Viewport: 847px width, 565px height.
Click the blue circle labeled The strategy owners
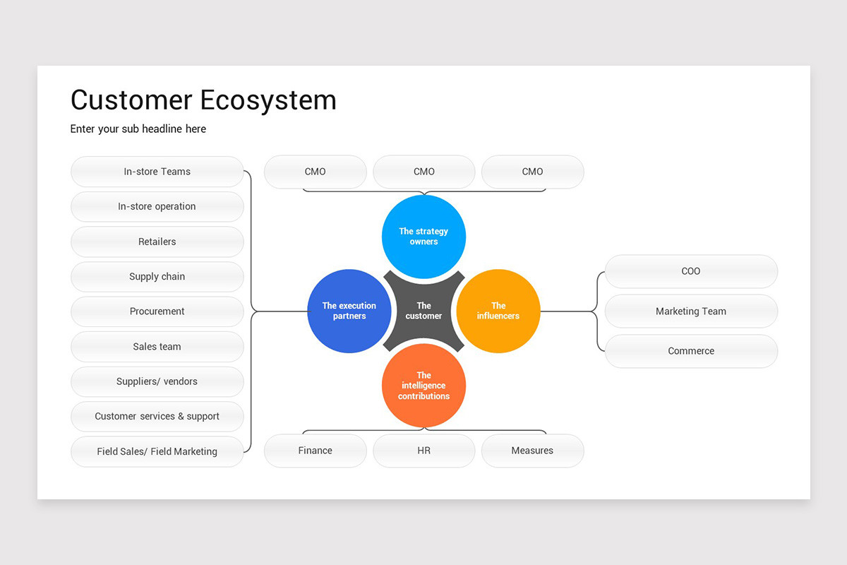(x=423, y=237)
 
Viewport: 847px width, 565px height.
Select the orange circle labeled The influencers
(x=498, y=311)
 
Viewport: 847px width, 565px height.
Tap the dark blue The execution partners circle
(x=349, y=311)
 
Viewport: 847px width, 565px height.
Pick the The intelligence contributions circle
(x=423, y=386)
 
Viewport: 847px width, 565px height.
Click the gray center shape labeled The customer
(x=423, y=311)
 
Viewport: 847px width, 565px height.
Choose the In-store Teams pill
(x=157, y=172)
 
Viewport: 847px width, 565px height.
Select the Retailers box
(x=157, y=242)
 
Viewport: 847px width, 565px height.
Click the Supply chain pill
(x=157, y=277)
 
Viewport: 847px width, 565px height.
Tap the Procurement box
(x=157, y=311)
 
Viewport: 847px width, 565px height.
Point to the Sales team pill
(x=157, y=347)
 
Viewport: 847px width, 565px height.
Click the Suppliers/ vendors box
(x=157, y=381)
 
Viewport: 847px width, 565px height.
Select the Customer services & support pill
(x=157, y=417)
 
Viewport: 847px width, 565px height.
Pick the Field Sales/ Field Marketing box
(x=157, y=451)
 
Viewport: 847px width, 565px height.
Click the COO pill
(x=691, y=271)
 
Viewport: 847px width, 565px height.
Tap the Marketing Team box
(x=691, y=311)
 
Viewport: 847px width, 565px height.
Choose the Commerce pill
(x=691, y=351)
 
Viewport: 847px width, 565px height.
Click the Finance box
(x=316, y=451)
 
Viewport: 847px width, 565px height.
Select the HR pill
(x=424, y=451)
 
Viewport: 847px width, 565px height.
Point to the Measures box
(x=533, y=451)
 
